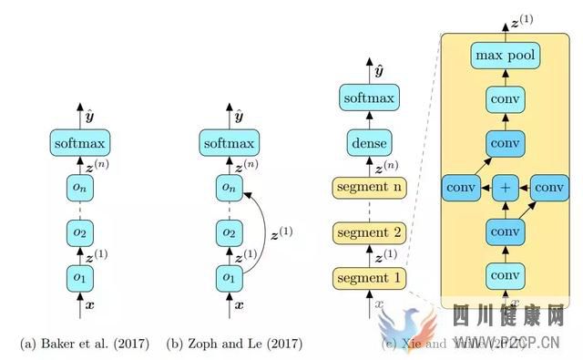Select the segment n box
pyautogui.click(x=369, y=189)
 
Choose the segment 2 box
pyautogui.click(x=369, y=233)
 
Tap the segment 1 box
pyautogui.click(x=369, y=276)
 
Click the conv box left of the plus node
pyautogui.click(x=460, y=189)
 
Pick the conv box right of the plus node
pyautogui.click(x=549, y=189)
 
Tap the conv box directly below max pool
pyautogui.click(x=506, y=101)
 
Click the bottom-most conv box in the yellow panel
pyautogui.click(x=506, y=274)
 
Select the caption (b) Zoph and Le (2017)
pyautogui.click(x=234, y=343)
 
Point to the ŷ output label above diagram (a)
pyautogui.click(x=88, y=117)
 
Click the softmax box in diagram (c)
pyautogui.click(x=369, y=98)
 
